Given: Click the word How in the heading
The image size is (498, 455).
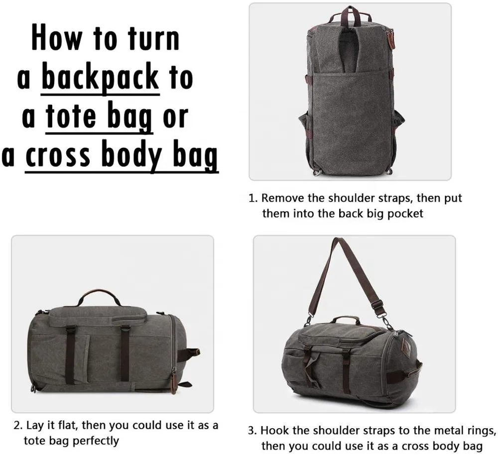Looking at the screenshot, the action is pyautogui.click(x=57, y=38).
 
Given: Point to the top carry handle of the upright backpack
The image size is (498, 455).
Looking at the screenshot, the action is pyautogui.click(x=350, y=13).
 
